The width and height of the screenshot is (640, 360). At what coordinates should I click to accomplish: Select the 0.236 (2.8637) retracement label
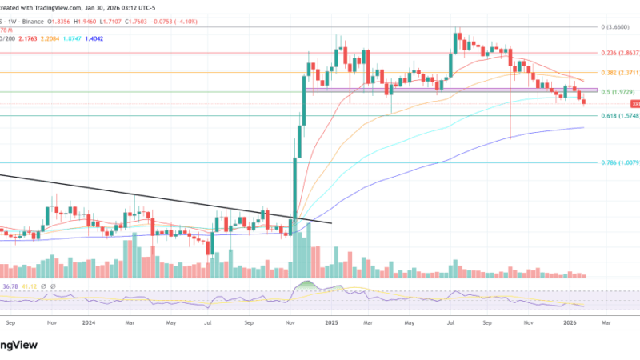[620, 53]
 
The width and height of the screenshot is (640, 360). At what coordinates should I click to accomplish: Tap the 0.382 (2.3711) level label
[620, 72]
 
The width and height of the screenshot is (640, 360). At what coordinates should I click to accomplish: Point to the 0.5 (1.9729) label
[620, 92]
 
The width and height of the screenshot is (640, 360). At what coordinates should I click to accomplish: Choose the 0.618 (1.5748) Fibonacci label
[620, 116]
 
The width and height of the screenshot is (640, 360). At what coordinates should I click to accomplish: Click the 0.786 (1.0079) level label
[620, 162]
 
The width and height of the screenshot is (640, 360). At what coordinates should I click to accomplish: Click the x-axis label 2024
[88, 323]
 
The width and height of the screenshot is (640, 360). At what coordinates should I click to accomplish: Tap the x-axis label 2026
[570, 323]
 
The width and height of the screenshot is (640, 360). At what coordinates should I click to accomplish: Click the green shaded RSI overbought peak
[305, 285]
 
